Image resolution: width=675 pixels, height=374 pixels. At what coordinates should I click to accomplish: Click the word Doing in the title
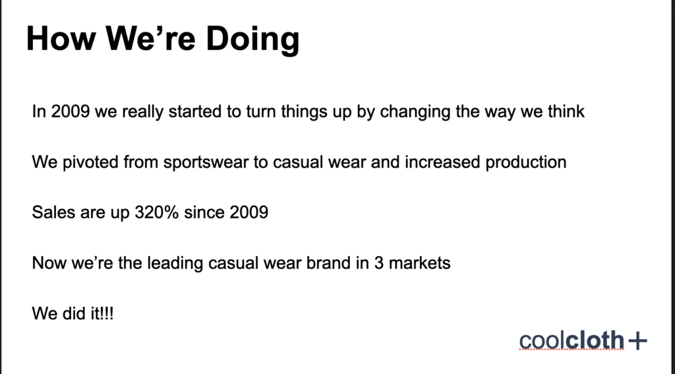(x=252, y=39)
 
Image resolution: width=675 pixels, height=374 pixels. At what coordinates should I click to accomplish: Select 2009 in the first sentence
(x=71, y=111)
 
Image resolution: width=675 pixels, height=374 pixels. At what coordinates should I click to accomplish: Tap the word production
(x=525, y=162)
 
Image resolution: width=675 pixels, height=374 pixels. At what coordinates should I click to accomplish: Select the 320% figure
(x=157, y=212)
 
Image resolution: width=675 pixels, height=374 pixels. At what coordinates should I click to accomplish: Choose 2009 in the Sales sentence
(x=249, y=212)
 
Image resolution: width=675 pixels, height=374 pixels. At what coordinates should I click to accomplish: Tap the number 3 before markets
(x=379, y=263)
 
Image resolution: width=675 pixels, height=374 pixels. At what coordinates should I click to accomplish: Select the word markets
(x=420, y=263)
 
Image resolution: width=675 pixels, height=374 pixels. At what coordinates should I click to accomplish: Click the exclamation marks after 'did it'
(x=107, y=313)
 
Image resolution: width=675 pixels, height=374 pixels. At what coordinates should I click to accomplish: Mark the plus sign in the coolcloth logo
(x=637, y=341)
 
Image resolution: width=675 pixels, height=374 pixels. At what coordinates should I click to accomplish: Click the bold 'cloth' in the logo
(x=595, y=340)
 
